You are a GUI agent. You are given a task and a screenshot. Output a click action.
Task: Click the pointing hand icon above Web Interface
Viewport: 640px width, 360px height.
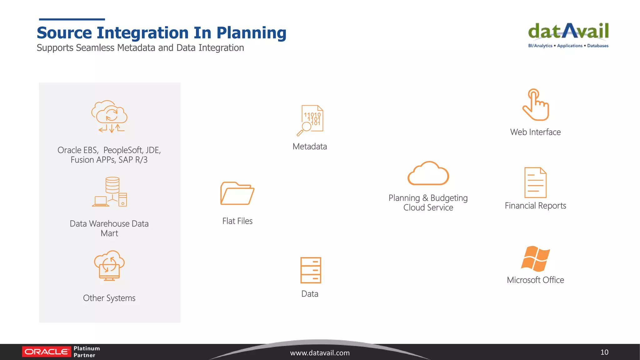[536, 105]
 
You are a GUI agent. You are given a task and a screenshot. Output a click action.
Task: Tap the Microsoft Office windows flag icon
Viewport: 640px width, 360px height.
[535, 259]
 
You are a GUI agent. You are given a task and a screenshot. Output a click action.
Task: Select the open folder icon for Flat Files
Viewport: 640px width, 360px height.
[237, 193]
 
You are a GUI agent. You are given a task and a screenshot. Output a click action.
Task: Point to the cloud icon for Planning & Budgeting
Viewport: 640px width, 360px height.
[428, 174]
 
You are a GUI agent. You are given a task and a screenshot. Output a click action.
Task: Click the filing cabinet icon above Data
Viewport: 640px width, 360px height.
[311, 270]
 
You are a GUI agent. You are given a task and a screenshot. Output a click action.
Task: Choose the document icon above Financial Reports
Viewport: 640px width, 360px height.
[535, 182]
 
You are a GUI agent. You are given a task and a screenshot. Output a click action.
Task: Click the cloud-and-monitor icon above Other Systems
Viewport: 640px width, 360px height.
[109, 266]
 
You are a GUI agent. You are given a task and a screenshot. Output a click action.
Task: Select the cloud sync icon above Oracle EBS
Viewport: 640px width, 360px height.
[109, 117]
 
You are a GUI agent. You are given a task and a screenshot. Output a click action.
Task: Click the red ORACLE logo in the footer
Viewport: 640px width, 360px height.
[46, 352]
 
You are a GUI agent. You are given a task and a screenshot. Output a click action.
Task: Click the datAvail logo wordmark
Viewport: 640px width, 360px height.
[568, 31]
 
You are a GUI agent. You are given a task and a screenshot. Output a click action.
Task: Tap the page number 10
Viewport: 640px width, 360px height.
[604, 352]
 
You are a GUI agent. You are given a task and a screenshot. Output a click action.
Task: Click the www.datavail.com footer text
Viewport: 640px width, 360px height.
[320, 353]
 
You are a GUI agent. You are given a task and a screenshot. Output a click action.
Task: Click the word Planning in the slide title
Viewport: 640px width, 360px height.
[251, 33]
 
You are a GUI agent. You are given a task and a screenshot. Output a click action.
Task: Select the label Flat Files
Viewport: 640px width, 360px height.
[237, 221]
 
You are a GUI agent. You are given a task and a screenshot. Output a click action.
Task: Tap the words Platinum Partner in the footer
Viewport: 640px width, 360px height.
[87, 352]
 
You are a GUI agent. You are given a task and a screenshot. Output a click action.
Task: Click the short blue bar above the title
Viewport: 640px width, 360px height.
[72, 19]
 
